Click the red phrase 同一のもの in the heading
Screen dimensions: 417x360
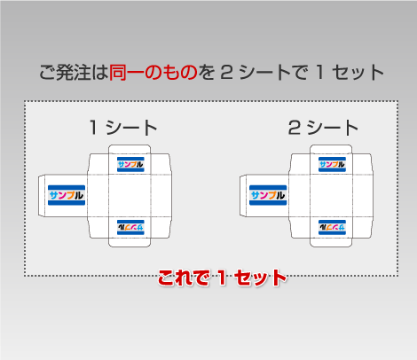[x=153, y=73]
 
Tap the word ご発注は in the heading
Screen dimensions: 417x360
[x=74, y=73]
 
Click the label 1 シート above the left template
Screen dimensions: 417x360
[x=123, y=128]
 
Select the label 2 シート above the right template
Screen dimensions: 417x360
[x=323, y=128]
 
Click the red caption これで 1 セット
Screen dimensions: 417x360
[x=222, y=278]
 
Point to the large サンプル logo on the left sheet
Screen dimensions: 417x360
[x=67, y=195]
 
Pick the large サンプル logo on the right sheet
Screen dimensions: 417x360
[x=268, y=195]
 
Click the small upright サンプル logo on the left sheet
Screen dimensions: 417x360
[x=130, y=164]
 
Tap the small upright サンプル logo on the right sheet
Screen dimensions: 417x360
[x=332, y=164]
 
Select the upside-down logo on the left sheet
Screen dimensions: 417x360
[x=130, y=227]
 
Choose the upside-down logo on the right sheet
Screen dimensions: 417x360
[x=332, y=227]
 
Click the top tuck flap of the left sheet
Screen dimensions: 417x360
[x=130, y=149]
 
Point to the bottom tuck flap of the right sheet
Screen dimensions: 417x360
[x=331, y=242]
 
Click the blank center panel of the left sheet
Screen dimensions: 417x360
[x=130, y=195]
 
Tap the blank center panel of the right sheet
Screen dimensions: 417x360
[x=331, y=195]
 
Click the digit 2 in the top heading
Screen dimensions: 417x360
[x=227, y=73]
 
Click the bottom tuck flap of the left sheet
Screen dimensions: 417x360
[x=130, y=242]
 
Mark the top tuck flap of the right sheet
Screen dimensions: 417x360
[x=331, y=149]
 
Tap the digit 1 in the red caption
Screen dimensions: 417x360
[x=222, y=278]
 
